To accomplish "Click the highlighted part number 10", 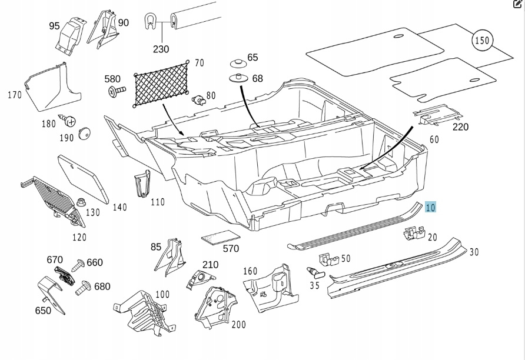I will coord(430,207).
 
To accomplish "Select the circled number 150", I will coord(482,41).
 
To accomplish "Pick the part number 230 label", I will coord(161,49).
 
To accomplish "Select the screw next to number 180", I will coord(69,122).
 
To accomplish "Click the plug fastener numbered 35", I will coord(317,272).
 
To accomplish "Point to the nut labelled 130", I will coord(77,203).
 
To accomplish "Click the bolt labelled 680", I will coord(82,287).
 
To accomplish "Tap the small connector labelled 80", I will coord(200,98).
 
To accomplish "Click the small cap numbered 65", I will coord(238,64).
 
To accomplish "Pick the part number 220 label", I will coord(460,126).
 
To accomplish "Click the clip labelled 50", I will coord(327,259).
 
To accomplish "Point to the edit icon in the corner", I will coord(518,4).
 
